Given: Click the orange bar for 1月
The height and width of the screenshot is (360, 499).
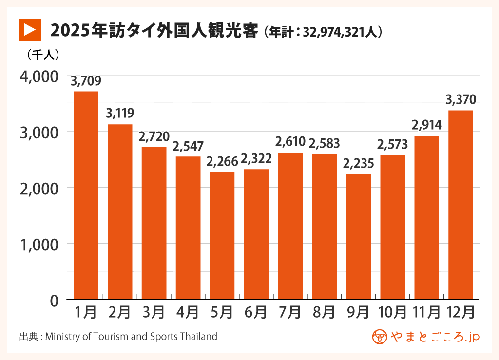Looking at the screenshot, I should point(86,195).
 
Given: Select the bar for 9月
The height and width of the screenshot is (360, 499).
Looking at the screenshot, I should point(359,237).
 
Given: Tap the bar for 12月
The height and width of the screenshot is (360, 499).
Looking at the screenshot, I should point(461,205).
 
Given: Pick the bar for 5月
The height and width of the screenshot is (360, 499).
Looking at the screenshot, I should point(222,236).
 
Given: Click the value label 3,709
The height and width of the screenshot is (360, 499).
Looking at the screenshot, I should point(86,81).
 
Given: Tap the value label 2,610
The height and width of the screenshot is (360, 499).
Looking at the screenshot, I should point(290,143).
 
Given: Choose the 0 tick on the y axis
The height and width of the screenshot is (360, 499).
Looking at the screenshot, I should point(54,300).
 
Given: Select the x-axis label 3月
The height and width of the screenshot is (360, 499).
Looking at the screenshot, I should point(154,312).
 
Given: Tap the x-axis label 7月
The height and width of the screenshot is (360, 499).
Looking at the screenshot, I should point(290,312).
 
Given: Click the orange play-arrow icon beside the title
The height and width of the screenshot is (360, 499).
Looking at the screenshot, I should point(29,29).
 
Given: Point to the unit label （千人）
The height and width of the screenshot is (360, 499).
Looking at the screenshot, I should point(43,55).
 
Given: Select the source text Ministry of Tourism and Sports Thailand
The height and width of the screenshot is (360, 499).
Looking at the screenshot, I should point(131,337).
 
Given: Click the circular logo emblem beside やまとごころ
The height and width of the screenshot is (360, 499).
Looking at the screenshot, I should point(380,337).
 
